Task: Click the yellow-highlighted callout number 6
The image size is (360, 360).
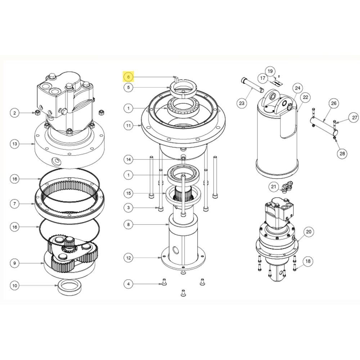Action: click(129, 77)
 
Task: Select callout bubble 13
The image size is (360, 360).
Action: click(14, 144)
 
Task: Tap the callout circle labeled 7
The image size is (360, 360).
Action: click(14, 204)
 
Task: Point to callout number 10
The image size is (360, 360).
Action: click(14, 286)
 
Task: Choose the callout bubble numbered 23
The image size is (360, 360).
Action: click(242, 103)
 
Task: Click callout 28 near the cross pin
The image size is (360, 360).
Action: click(342, 153)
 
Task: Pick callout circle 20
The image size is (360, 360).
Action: click(308, 232)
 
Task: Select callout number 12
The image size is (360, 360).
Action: click(129, 258)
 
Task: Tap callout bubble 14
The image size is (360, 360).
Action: click(129, 159)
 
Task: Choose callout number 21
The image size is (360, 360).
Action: click(274, 186)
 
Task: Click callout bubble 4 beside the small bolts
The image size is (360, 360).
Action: click(129, 284)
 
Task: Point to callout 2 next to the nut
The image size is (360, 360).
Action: click(14, 113)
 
